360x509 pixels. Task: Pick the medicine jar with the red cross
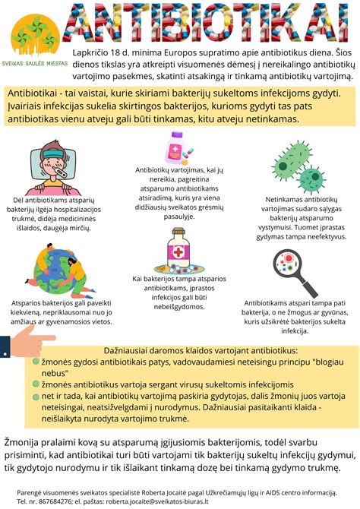click(x=179, y=254)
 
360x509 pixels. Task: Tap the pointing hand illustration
click(x=30, y=342)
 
